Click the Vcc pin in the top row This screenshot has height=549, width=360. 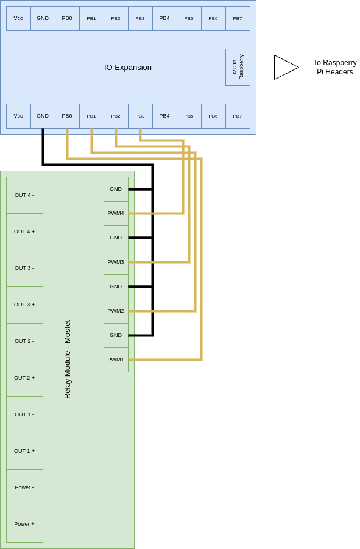(x=18, y=18)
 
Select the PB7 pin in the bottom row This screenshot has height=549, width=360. (x=238, y=116)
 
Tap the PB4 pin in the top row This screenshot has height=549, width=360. (x=165, y=18)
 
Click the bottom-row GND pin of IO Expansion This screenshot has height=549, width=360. (x=43, y=116)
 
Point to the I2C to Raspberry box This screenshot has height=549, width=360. (x=238, y=67)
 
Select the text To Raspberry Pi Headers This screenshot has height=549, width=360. (x=335, y=67)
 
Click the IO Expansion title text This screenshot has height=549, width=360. (x=128, y=68)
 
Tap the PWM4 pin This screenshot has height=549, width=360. (x=116, y=213)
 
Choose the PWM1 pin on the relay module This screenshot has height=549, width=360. (x=116, y=360)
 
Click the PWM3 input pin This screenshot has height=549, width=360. (x=116, y=262)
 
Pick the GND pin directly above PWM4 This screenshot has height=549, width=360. (x=116, y=189)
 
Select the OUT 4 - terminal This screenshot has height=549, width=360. (x=24, y=195)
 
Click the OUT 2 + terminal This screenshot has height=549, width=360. (x=24, y=378)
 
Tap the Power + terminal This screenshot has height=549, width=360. (x=24, y=524)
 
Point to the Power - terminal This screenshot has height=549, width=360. (x=24, y=487)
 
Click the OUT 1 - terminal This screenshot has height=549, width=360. (x=24, y=414)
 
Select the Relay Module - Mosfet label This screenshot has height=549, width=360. (x=68, y=360)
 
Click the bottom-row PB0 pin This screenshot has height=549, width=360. (x=67, y=116)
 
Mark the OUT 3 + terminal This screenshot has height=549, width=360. (x=24, y=305)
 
